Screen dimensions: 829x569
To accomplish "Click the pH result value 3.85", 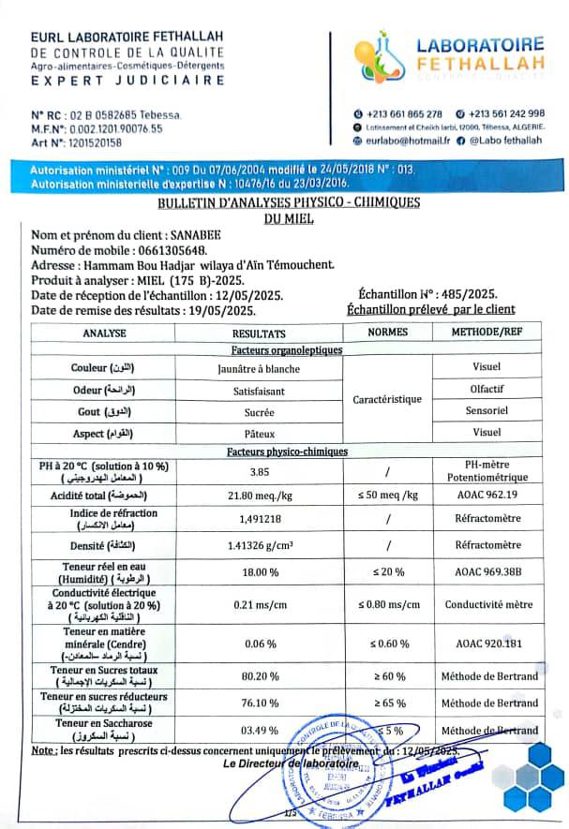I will pos(259,471).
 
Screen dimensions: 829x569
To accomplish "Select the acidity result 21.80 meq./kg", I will pos(259,494).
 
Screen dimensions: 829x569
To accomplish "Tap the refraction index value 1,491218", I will pos(259,519).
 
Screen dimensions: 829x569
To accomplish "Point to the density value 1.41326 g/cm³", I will pos(259,545).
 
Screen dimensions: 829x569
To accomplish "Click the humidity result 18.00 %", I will pos(259,572).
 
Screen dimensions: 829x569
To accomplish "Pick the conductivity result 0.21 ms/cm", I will pos(259,604).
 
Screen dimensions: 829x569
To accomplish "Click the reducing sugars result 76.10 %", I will pos(259,703).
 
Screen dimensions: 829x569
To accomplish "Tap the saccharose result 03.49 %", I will pos(259,730).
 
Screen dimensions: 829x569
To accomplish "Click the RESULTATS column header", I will pos(259,333).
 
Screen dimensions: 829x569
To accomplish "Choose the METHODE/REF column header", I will pos(487,333).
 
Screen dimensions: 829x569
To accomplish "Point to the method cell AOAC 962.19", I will pos(487,494).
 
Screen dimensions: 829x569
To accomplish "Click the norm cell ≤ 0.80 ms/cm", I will pos(387,604).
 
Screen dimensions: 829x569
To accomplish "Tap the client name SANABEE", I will pos(196,235).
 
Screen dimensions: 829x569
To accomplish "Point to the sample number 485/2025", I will pos(472,294).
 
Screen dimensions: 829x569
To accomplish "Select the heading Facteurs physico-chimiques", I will pos(287,452).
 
